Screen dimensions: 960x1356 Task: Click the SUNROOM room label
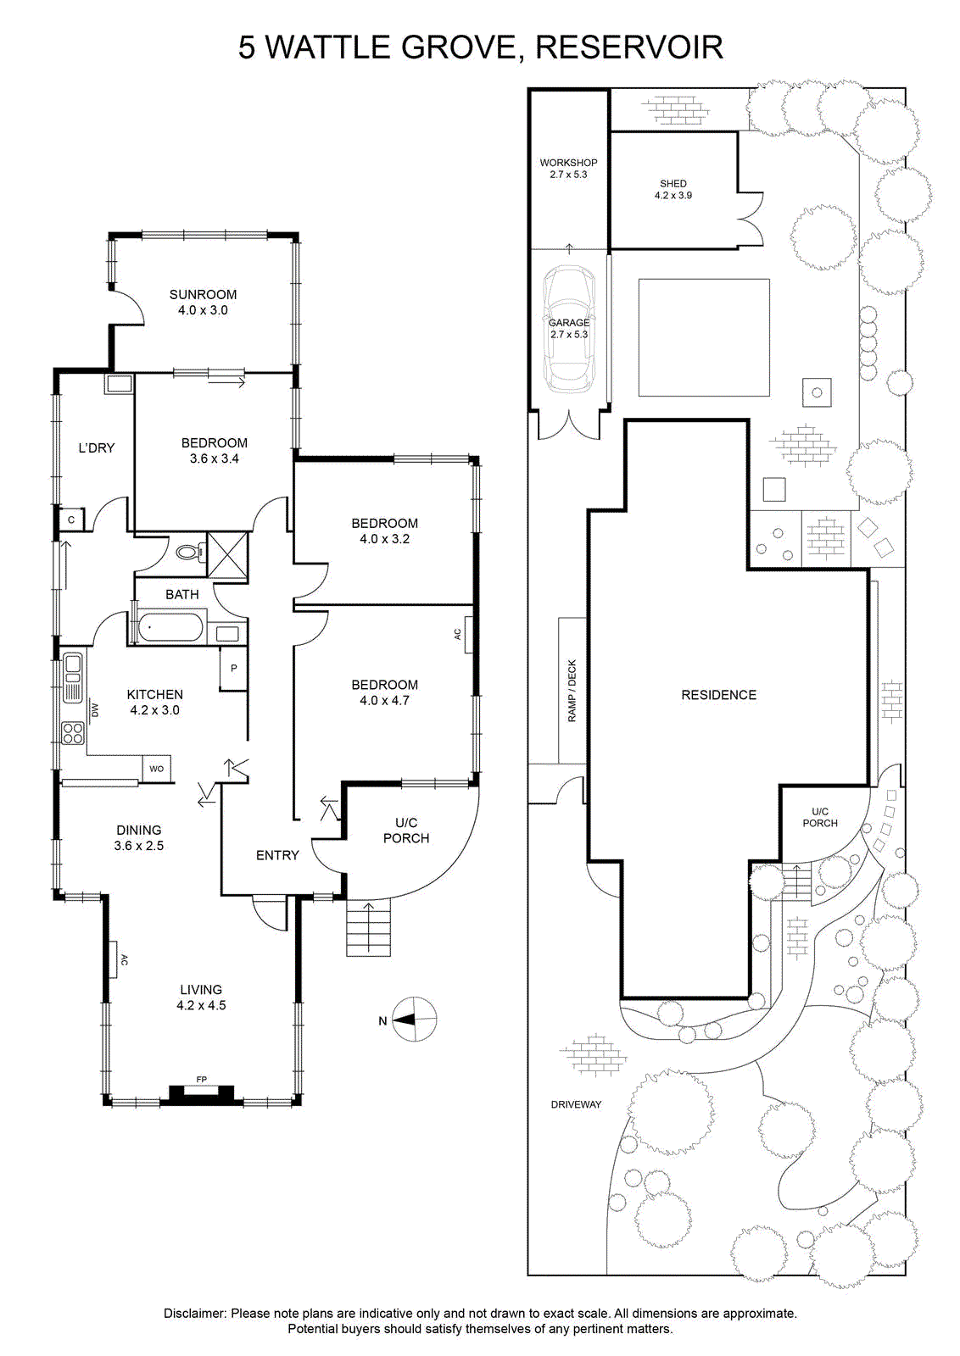(x=203, y=295)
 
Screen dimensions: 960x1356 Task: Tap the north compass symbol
(x=415, y=1020)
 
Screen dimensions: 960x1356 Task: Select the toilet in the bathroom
(x=191, y=552)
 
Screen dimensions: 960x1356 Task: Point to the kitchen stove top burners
(x=73, y=733)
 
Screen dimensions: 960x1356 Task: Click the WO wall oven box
(x=156, y=769)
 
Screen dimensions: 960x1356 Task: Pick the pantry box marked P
(x=234, y=669)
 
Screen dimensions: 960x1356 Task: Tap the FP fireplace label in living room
(x=202, y=1079)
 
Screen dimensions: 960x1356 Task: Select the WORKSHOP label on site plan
(x=568, y=163)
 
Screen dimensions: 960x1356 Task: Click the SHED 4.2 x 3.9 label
(x=673, y=189)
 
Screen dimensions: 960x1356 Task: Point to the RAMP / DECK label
(x=572, y=690)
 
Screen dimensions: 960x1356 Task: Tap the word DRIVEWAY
(x=576, y=1104)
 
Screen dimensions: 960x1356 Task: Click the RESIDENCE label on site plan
(x=719, y=695)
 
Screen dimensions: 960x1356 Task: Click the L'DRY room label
(x=97, y=448)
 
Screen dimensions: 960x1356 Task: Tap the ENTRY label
(x=277, y=855)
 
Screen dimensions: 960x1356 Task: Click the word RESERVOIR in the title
(x=629, y=47)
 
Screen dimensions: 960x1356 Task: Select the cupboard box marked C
(x=71, y=520)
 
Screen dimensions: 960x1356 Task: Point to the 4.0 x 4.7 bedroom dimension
(x=385, y=700)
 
